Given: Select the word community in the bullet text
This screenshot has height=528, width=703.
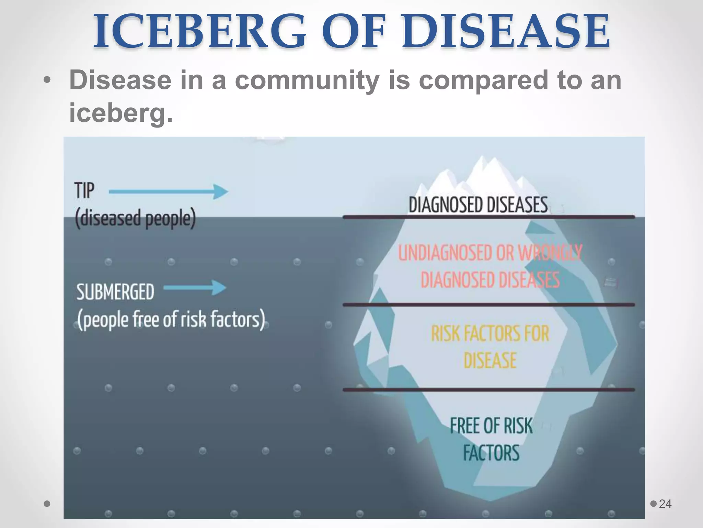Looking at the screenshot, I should click(x=307, y=80).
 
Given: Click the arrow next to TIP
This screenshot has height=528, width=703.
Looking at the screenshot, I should click(x=168, y=191).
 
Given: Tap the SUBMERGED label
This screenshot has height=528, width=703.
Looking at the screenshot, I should click(x=115, y=292).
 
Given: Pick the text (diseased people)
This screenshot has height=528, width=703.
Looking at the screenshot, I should click(x=135, y=219).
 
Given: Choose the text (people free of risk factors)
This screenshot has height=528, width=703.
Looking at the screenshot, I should click(x=171, y=320).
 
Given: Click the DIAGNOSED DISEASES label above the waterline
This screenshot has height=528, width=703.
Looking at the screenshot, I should click(x=478, y=205).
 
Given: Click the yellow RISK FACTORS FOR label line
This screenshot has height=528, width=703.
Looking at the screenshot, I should click(x=490, y=334).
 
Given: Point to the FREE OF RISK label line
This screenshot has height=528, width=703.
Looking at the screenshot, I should click(x=491, y=426).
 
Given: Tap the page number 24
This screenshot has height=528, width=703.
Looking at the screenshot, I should click(x=665, y=504).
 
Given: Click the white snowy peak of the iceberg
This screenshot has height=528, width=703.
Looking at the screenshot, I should click(x=481, y=172).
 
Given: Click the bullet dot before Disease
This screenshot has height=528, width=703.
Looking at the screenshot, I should click(x=47, y=81).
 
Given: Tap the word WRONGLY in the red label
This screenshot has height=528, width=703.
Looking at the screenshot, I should click(x=550, y=253).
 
